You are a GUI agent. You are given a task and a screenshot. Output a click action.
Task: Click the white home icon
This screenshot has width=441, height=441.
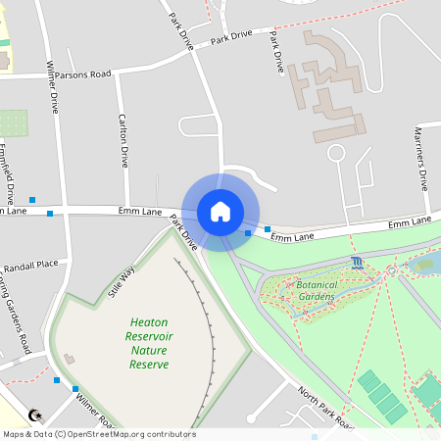click(220, 211)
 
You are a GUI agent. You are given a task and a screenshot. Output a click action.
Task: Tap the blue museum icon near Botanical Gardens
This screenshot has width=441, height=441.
click(355, 263)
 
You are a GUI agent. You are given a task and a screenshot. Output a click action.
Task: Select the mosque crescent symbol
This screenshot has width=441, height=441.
click(36, 416)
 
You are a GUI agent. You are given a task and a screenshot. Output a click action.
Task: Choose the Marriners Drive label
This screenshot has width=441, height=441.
click(421, 157)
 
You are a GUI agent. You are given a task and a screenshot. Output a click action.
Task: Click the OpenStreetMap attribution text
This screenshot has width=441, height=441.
click(98, 434)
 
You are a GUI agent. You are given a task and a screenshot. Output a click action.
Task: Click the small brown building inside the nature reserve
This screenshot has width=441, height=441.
click(69, 360)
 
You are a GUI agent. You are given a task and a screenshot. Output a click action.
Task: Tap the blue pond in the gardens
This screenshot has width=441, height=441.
click(423, 263)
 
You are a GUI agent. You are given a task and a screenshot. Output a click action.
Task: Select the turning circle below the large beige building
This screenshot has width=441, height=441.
click(336, 153)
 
